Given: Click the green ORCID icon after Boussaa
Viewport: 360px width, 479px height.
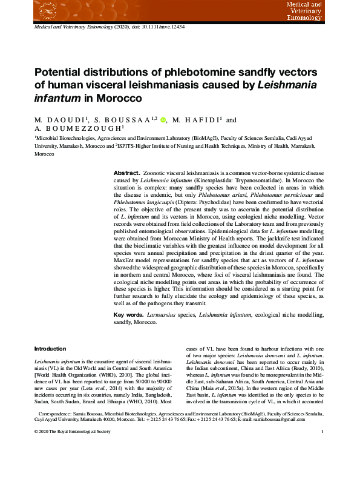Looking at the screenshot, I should (163, 120).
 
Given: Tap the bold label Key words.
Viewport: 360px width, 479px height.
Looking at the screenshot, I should (129, 315).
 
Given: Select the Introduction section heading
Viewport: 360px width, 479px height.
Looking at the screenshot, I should (51, 349).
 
